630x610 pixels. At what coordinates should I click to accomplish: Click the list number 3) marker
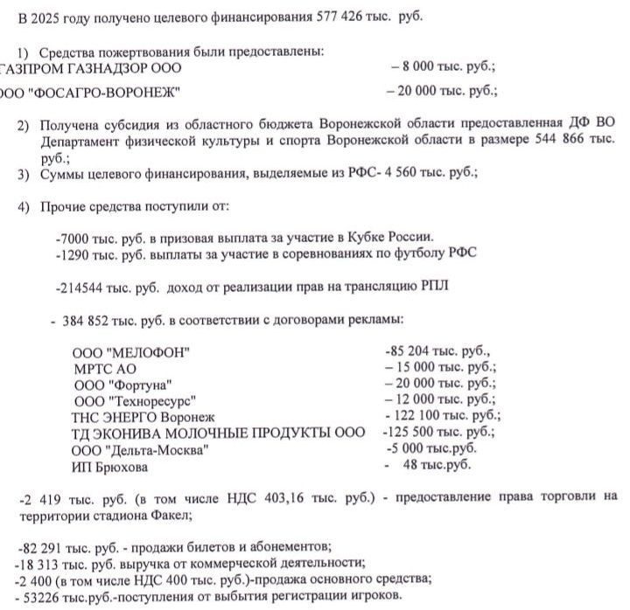coord(24,174)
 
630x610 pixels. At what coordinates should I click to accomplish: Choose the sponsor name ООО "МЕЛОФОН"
coord(131,352)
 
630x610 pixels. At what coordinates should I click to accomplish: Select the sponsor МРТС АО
coord(106,369)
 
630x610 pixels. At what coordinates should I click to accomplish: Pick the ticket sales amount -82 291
coord(43,548)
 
